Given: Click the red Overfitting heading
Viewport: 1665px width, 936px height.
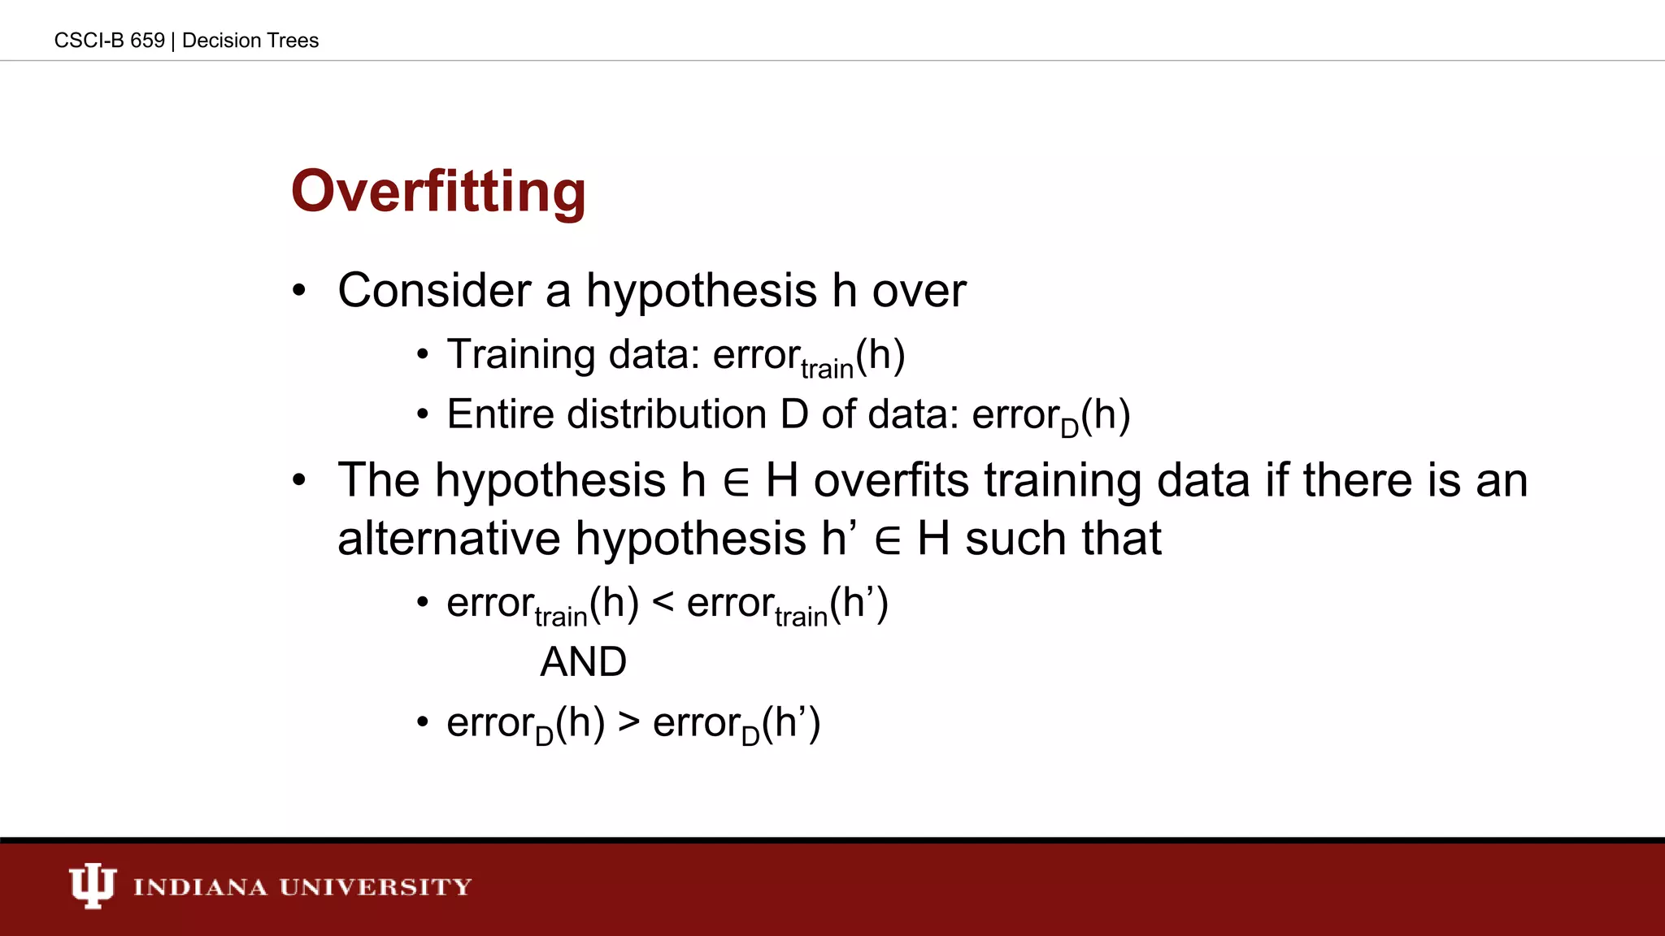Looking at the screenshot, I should point(438,193).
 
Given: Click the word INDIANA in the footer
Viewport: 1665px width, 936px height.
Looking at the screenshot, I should point(200,886).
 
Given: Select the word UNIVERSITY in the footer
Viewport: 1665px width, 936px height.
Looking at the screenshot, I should point(376,886).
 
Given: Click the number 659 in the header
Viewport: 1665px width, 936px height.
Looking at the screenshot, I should point(147,41).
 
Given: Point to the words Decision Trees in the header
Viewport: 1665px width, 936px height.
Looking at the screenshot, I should point(250,41).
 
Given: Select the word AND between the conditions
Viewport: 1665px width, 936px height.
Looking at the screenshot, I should point(584,661).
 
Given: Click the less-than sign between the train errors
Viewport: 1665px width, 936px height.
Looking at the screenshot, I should point(663,603).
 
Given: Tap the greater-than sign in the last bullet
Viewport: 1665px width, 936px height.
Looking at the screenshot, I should point(628,721).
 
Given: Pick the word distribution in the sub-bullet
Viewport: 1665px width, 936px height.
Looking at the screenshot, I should point(667,414).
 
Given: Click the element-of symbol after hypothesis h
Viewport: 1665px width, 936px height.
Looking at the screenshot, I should point(735,482).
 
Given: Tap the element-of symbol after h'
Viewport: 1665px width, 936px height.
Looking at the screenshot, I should point(887,541).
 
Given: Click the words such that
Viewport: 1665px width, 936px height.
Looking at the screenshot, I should point(1063,539).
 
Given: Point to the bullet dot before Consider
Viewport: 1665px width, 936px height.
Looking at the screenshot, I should point(299,291).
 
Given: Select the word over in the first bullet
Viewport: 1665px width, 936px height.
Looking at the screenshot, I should point(919,291).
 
